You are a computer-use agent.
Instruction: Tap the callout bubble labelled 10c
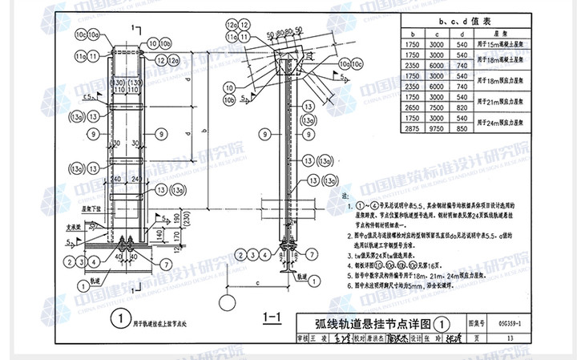81,35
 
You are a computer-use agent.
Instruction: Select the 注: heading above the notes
345,195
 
